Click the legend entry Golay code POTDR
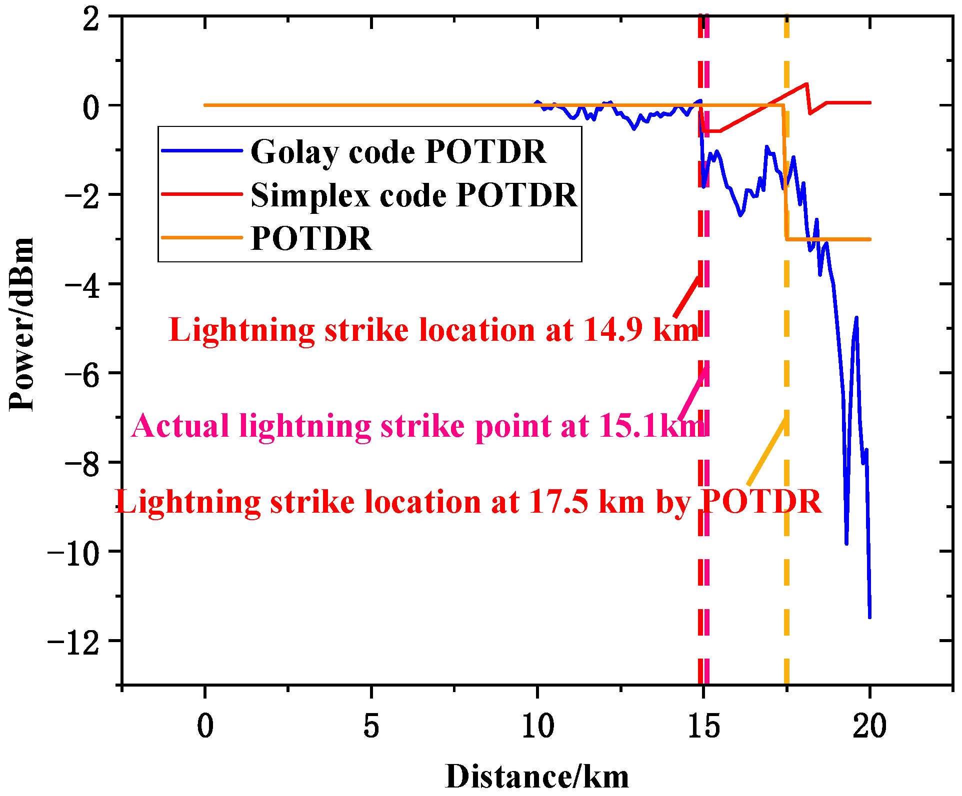click(x=398, y=151)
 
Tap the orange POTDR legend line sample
click(x=202, y=238)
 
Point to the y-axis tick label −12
click(x=73, y=641)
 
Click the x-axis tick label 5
click(x=371, y=726)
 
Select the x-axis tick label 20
click(x=869, y=726)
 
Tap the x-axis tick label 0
click(x=205, y=726)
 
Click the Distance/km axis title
click(x=537, y=777)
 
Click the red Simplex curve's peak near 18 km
click(x=806, y=84)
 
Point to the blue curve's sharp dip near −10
click(x=846, y=543)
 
